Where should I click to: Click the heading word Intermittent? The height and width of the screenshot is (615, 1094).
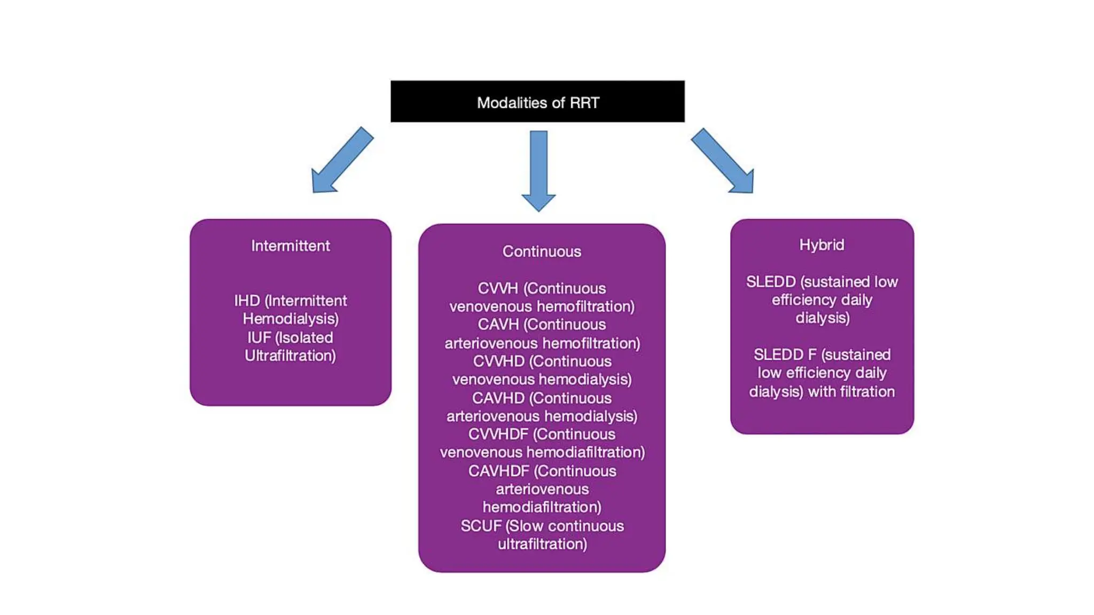(x=290, y=246)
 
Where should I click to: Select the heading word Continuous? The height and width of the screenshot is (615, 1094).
(x=541, y=251)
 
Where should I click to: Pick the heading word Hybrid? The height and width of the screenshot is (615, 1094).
(x=822, y=245)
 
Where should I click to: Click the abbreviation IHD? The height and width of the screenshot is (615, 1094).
(x=247, y=301)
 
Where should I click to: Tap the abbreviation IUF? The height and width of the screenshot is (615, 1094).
(x=259, y=337)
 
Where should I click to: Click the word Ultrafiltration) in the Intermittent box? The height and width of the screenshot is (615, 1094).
(x=290, y=356)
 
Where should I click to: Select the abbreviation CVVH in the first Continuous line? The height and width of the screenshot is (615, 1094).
(x=497, y=288)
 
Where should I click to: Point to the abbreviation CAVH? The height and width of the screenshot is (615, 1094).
(x=498, y=325)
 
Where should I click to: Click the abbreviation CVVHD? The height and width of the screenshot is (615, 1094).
(x=498, y=361)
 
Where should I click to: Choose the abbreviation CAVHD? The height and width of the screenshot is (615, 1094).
(x=498, y=398)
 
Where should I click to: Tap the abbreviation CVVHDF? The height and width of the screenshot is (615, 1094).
(x=498, y=434)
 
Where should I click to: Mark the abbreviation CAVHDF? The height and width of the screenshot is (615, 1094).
(x=498, y=471)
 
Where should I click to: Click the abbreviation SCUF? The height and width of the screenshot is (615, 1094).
(x=481, y=526)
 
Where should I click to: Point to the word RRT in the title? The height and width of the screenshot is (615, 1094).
(x=584, y=102)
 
